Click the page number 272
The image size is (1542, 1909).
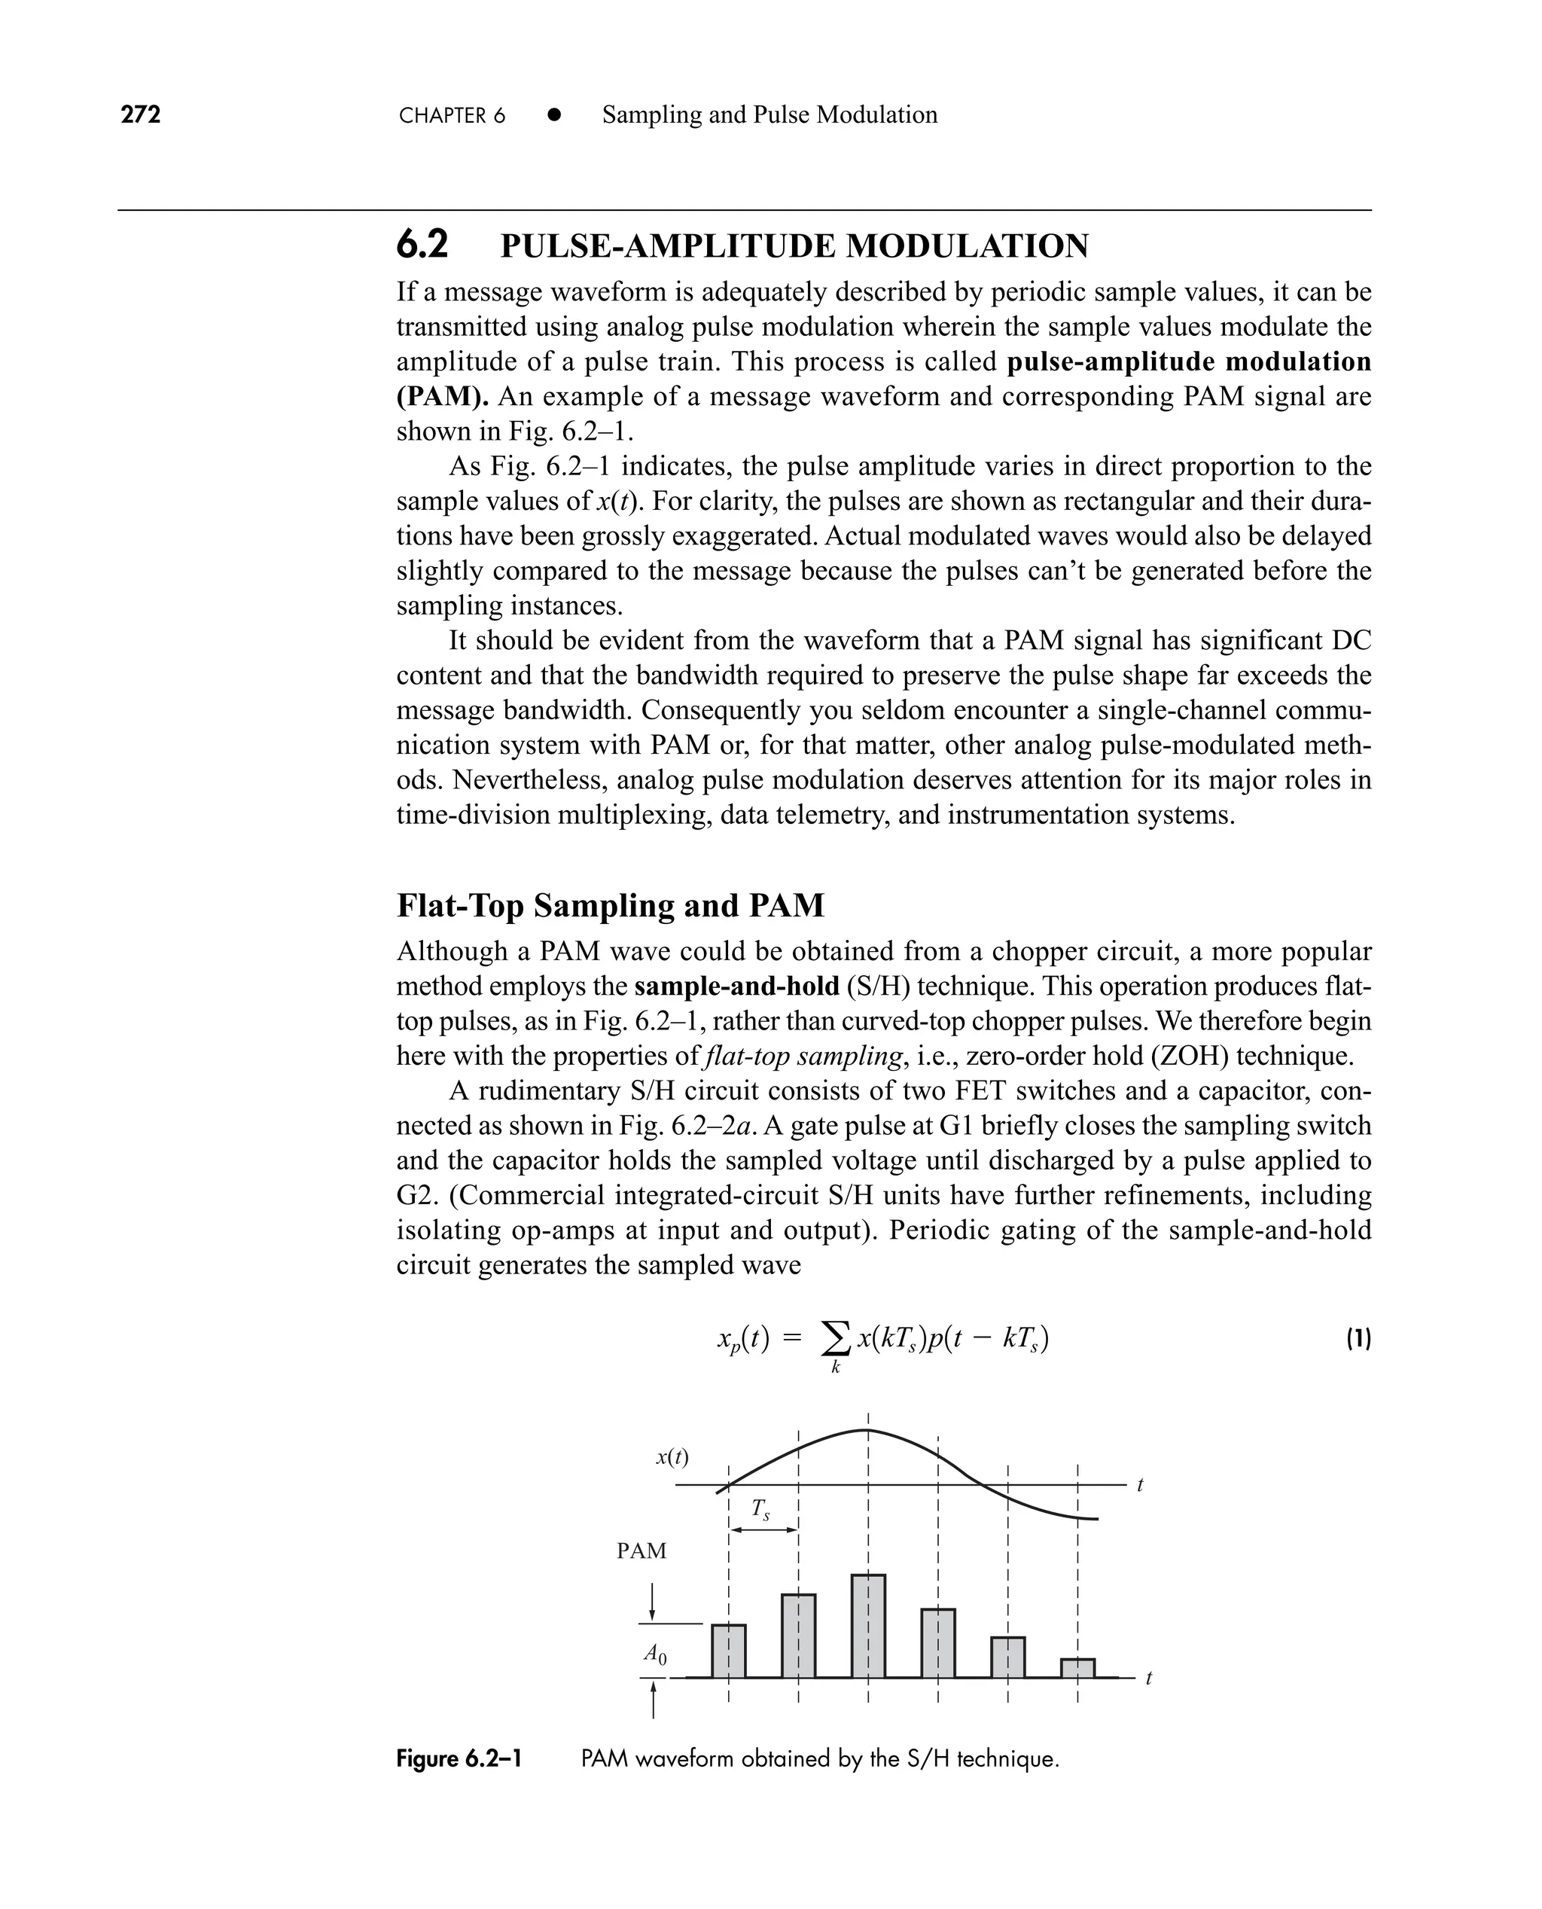pos(140,114)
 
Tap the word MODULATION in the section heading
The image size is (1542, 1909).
pos(967,246)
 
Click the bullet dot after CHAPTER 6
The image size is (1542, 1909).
pos(554,114)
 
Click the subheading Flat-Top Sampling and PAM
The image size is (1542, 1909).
pos(610,905)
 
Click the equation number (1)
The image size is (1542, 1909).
pos(1358,1339)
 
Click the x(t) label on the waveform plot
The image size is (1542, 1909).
pos(672,1457)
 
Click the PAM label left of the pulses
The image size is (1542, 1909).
pos(641,1551)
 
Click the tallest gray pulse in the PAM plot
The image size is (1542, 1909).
pos(868,1626)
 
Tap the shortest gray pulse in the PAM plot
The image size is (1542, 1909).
pos(1077,1667)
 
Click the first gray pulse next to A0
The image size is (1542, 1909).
pos(728,1651)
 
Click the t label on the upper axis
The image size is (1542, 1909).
pos(1141,1484)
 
